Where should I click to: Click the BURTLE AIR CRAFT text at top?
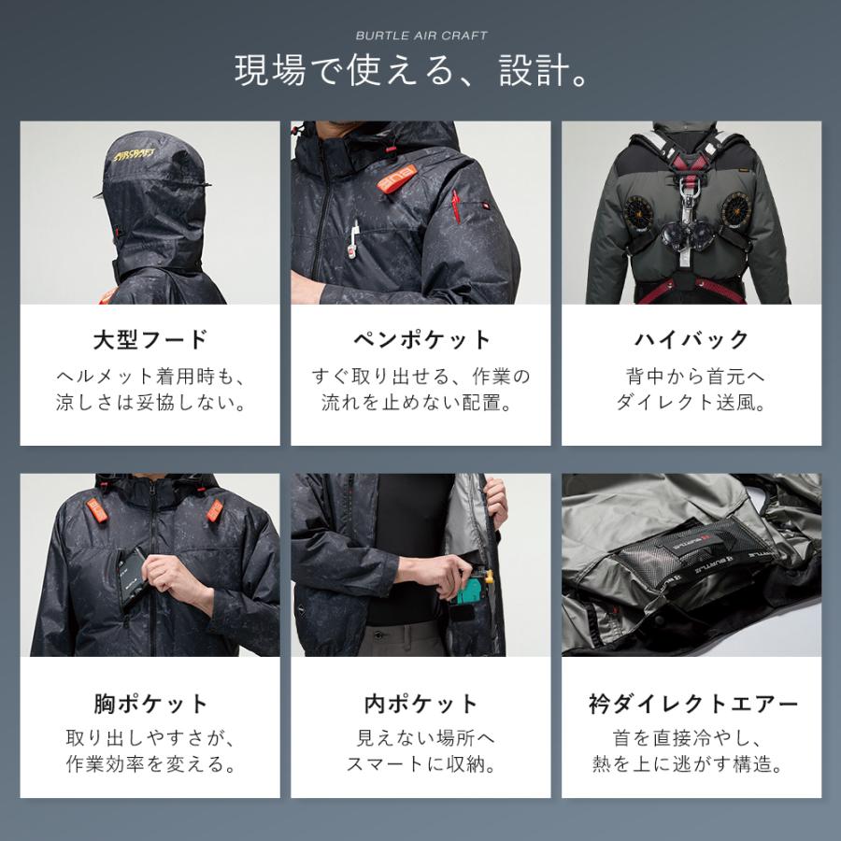[420, 36]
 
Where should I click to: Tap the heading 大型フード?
[150, 338]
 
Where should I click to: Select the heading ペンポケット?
[420, 338]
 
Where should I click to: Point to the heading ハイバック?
[691, 338]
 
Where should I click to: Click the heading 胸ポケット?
[150, 703]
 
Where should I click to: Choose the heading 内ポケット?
[420, 703]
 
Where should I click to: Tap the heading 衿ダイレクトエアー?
[691, 703]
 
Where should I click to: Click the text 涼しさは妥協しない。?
[150, 405]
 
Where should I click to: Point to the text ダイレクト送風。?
[691, 405]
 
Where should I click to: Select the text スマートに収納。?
[420, 765]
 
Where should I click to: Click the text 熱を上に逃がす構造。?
[691, 765]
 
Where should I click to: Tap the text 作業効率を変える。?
[150, 765]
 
